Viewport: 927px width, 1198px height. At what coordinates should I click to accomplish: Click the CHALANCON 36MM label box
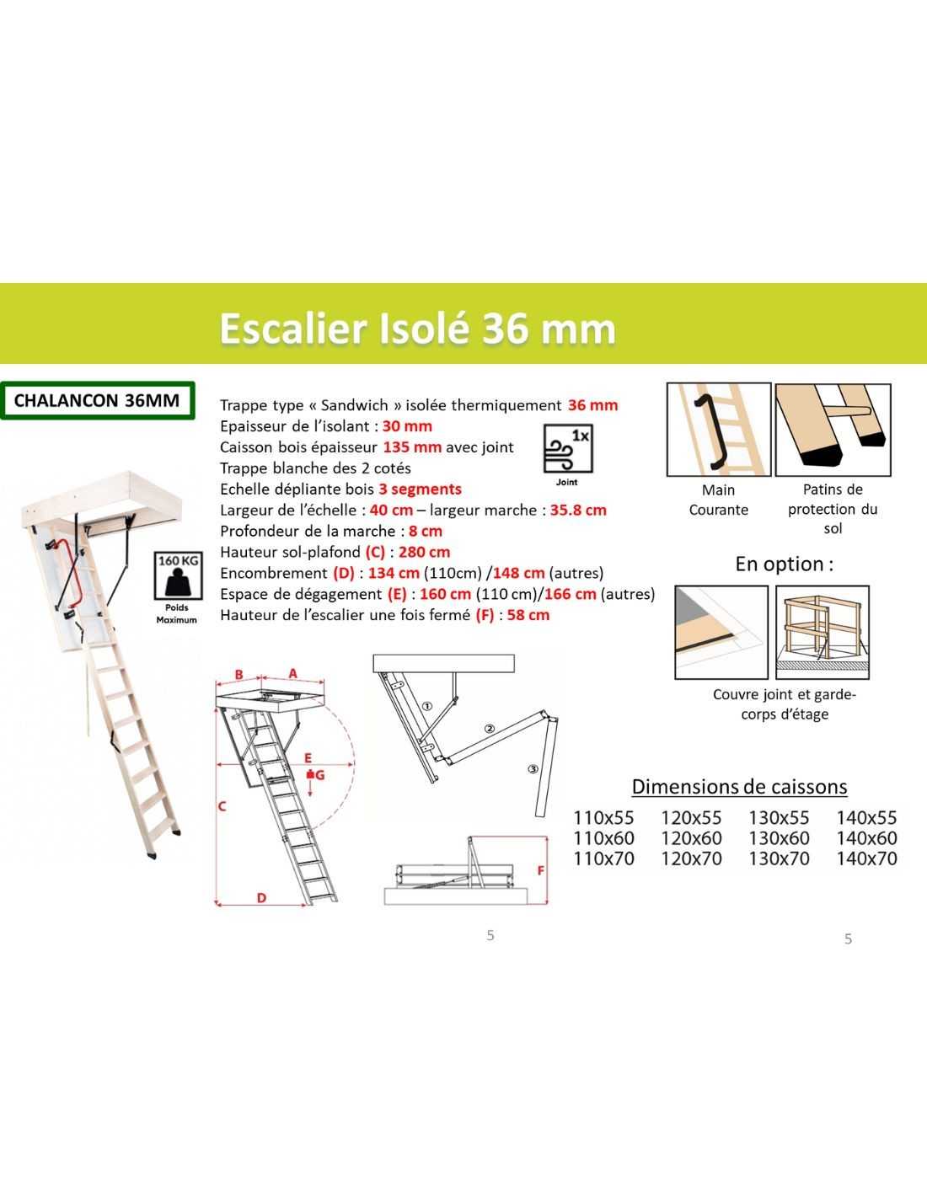[x=98, y=400]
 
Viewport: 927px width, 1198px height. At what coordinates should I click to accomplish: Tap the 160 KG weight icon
[x=176, y=576]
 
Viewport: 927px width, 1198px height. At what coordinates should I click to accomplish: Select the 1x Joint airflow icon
[x=568, y=448]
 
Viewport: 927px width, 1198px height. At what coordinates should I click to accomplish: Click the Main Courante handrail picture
[x=719, y=430]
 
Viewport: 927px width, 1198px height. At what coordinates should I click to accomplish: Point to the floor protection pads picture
[x=833, y=430]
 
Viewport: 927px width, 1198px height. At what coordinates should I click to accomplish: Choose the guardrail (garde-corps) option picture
[x=823, y=632]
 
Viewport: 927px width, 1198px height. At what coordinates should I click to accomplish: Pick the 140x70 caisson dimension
[x=866, y=858]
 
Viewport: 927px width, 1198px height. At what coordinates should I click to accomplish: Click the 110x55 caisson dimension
[x=604, y=817]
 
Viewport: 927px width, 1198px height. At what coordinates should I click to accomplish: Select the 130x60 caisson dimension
[x=779, y=838]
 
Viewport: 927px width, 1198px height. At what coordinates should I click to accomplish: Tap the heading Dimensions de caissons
[x=740, y=787]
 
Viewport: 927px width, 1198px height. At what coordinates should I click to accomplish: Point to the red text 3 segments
[x=421, y=489]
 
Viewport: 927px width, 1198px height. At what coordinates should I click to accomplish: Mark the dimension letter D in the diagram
[x=261, y=898]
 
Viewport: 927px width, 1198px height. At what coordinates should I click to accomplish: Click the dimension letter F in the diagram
[x=540, y=870]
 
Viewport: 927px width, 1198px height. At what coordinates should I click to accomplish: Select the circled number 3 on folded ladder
[x=533, y=769]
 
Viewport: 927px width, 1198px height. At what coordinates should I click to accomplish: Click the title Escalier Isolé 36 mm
[x=417, y=329]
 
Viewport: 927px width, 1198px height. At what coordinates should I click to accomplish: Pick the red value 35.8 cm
[x=578, y=510]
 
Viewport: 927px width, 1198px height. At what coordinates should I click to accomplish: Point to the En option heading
[x=785, y=564]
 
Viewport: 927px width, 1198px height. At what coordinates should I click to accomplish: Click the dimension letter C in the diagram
[x=222, y=806]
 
